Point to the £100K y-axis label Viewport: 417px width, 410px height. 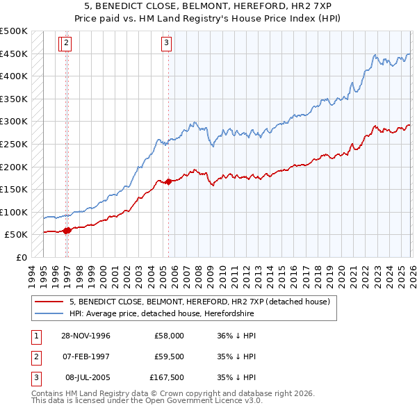(14, 212)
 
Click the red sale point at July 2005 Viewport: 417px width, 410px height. (168, 181)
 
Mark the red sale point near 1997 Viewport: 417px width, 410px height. (67, 230)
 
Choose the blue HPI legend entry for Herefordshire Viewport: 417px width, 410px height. (161, 313)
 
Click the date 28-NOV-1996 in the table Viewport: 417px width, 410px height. (85, 336)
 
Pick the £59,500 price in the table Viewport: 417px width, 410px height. (169, 356)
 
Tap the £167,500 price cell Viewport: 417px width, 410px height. (167, 377)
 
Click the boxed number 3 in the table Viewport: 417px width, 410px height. (35, 377)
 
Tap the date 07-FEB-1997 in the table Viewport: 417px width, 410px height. (86, 356)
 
